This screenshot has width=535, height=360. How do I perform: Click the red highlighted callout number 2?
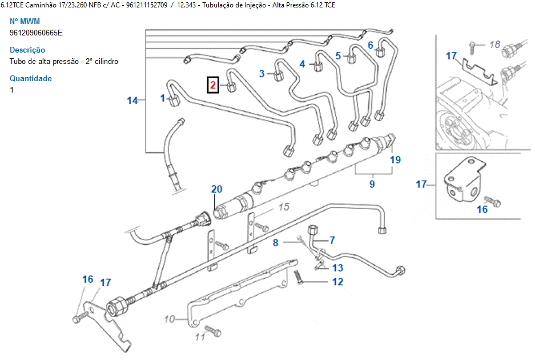tap(212, 86)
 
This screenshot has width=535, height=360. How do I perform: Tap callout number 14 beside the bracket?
tap(132, 101)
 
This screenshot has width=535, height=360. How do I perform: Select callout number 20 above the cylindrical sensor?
tap(216, 189)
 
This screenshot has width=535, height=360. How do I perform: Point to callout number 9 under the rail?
tap(372, 184)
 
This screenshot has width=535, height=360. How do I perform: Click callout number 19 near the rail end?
tap(396, 160)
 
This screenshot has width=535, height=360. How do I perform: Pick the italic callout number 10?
tap(170, 319)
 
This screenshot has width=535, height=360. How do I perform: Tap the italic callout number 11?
tap(200, 337)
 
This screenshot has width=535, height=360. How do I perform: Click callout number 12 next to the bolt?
tap(337, 281)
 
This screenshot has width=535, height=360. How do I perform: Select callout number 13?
tap(337, 268)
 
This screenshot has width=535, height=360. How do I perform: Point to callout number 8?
tap(275, 242)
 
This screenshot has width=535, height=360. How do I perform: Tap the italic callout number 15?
tap(284, 207)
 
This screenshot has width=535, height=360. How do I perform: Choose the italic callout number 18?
tap(494, 44)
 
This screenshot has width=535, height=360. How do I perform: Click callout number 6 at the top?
tap(370, 45)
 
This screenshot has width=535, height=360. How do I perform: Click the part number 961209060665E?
tap(36, 33)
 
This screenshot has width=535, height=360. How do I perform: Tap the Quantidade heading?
tap(31, 78)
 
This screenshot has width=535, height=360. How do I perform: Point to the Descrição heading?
tap(27, 50)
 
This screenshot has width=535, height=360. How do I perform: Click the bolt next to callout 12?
tap(298, 279)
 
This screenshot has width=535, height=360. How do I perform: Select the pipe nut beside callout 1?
tap(175, 101)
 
